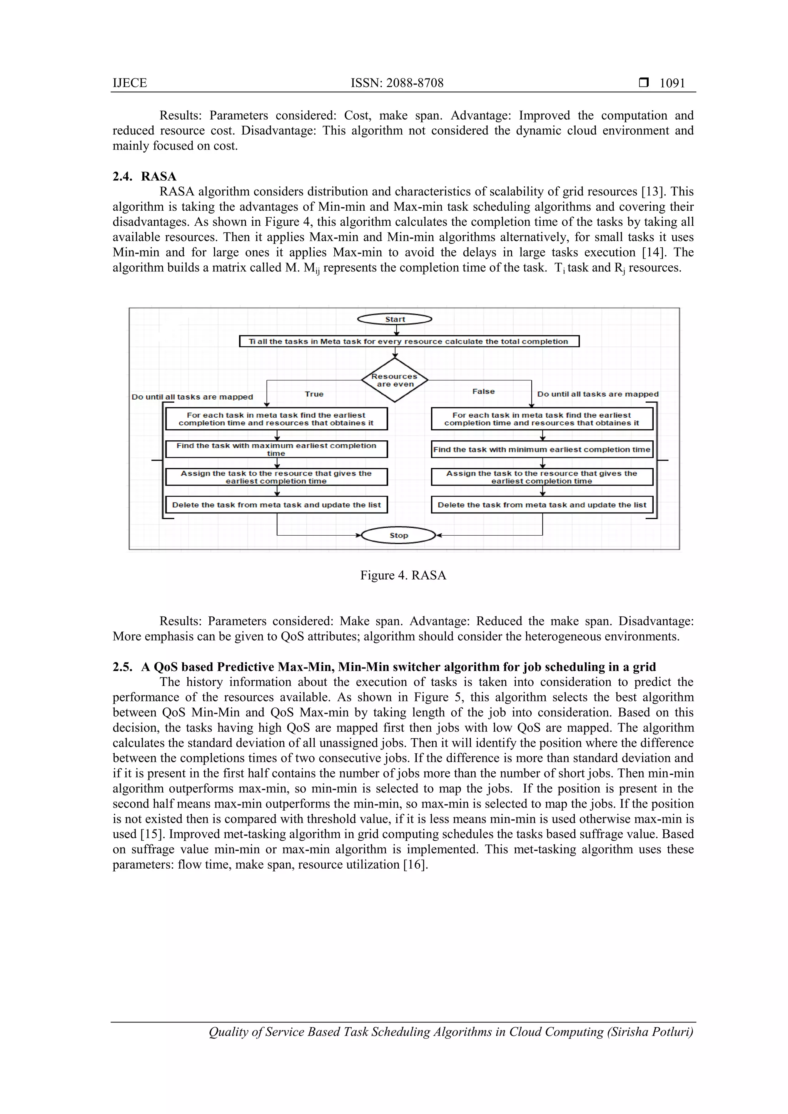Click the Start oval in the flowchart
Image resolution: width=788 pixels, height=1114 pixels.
tap(394, 319)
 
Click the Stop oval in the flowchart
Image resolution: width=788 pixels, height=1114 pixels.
tap(398, 535)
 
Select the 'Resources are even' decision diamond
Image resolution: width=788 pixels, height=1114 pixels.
tap(395, 380)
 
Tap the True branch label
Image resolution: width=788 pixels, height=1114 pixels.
tap(314, 394)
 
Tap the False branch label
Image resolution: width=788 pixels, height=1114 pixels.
tap(483, 391)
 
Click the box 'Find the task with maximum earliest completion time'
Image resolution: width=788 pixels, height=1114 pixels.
tap(276, 449)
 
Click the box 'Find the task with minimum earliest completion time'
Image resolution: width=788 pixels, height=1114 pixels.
tap(542, 449)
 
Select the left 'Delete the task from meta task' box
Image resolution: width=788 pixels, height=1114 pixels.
tap(276, 505)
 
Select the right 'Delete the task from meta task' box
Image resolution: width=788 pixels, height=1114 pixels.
tap(542, 505)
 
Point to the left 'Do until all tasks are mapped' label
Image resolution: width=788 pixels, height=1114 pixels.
tap(192, 397)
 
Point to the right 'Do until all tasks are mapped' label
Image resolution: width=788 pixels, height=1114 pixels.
tap(598, 394)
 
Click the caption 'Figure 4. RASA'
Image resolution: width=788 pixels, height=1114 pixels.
tap(403, 575)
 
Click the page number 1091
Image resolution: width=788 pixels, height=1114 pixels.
tap(672, 83)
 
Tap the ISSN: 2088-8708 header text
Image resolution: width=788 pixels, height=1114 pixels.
tap(397, 83)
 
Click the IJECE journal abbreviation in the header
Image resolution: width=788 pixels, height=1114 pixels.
tap(130, 83)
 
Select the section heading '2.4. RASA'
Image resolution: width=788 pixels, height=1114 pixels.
tap(145, 176)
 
